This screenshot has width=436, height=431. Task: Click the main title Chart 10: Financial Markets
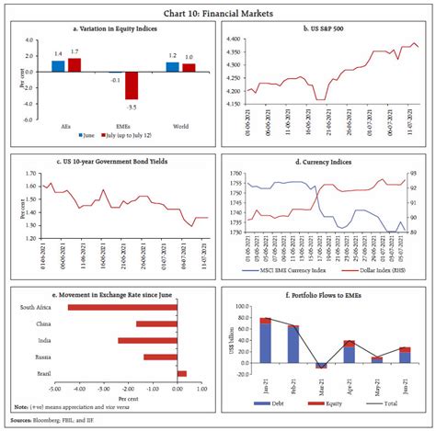tap(217, 10)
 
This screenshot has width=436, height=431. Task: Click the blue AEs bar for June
tap(58, 66)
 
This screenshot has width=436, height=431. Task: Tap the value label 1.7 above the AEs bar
tap(74, 52)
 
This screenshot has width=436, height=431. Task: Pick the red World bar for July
tap(189, 67)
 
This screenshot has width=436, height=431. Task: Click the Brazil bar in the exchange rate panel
tap(182, 373)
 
